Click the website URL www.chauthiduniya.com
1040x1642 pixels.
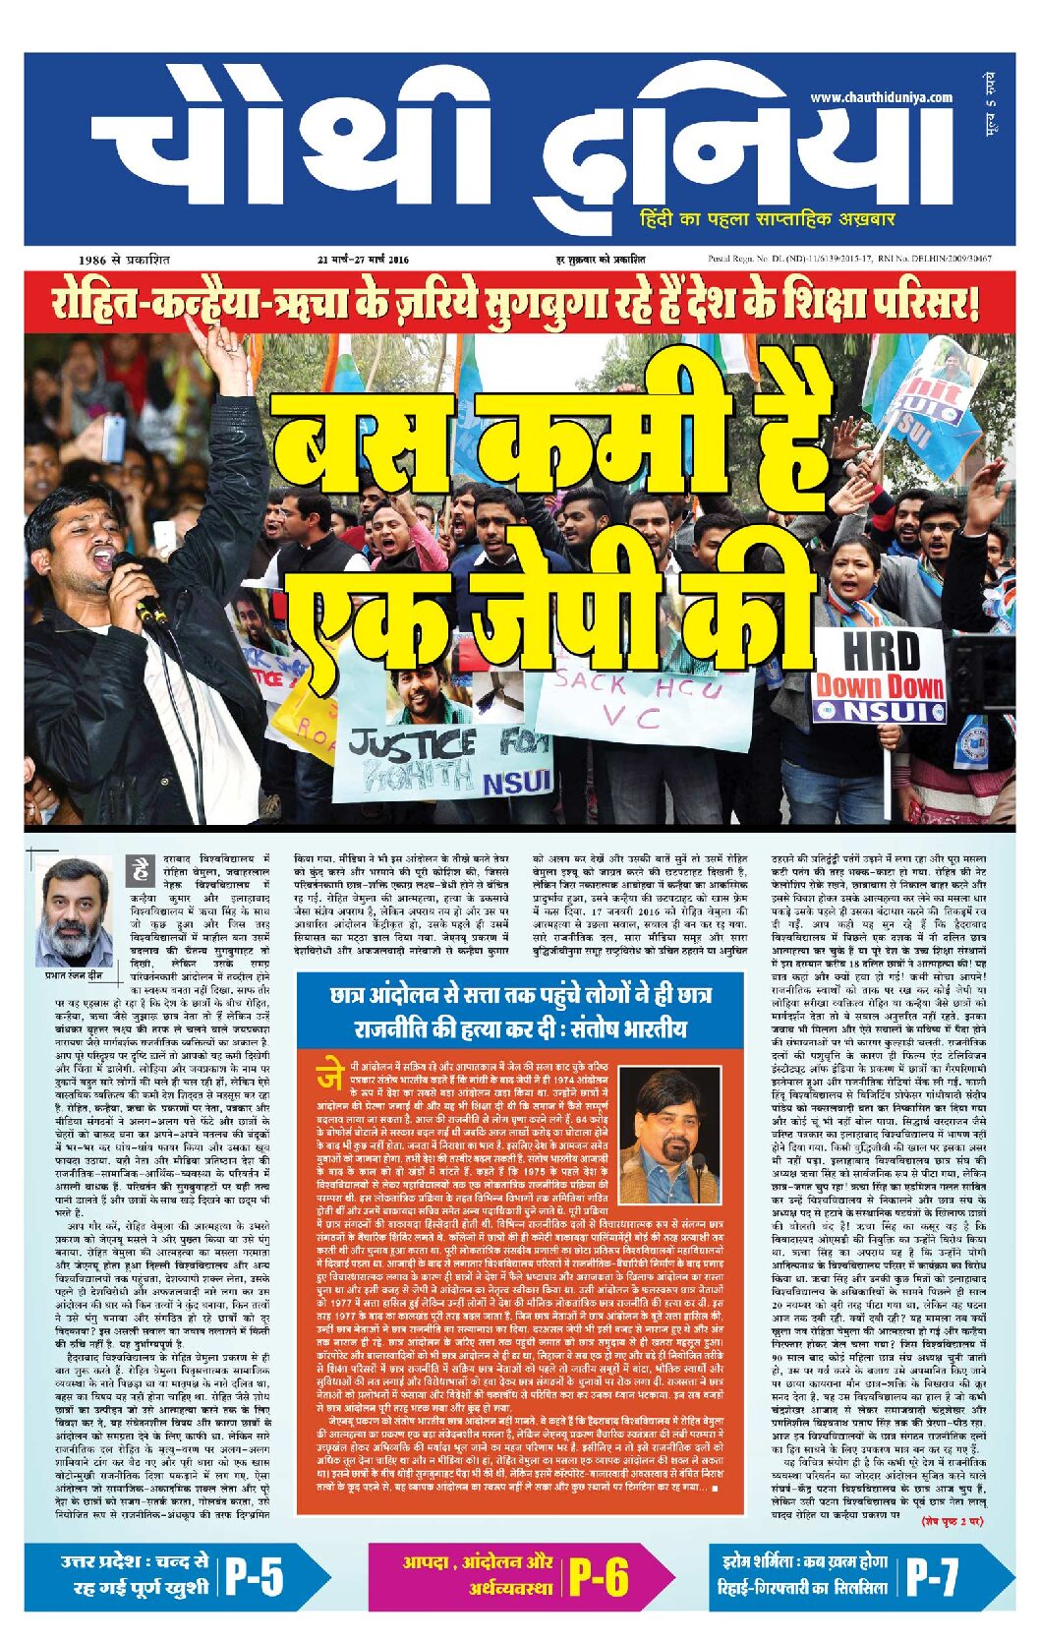point(881,97)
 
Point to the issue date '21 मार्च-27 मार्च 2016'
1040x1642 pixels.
point(363,260)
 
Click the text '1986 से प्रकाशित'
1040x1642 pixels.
point(124,260)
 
